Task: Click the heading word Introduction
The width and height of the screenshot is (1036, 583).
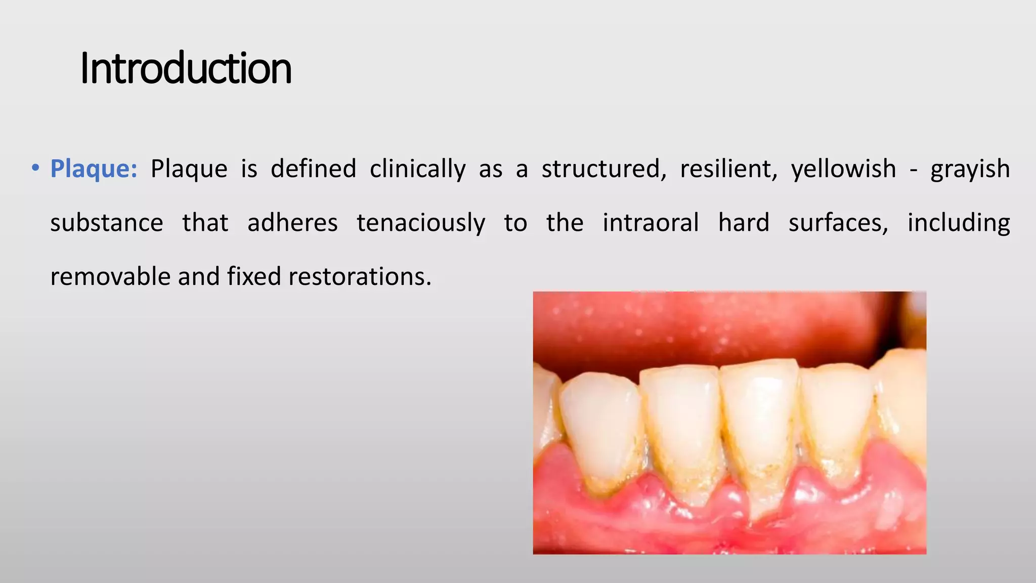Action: click(186, 68)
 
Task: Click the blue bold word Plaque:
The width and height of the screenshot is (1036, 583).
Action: click(94, 169)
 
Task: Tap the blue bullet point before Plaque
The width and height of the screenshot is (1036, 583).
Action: click(35, 168)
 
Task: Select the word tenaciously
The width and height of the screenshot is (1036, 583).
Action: click(421, 223)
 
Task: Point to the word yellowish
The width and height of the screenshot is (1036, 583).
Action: click(843, 169)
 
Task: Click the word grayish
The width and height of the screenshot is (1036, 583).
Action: click(970, 169)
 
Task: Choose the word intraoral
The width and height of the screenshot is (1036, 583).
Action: click(651, 223)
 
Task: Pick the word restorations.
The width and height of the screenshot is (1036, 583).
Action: click(360, 277)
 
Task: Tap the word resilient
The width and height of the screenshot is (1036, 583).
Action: click(728, 169)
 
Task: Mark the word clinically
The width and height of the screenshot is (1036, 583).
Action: click(417, 169)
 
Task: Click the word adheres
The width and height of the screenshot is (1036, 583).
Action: click(292, 223)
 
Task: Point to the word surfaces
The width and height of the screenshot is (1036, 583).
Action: click(838, 223)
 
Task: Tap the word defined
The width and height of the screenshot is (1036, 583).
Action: click(313, 169)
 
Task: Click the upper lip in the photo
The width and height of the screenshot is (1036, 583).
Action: click(708, 324)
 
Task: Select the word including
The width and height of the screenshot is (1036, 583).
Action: click(959, 223)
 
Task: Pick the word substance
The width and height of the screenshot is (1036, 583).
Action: click(107, 223)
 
